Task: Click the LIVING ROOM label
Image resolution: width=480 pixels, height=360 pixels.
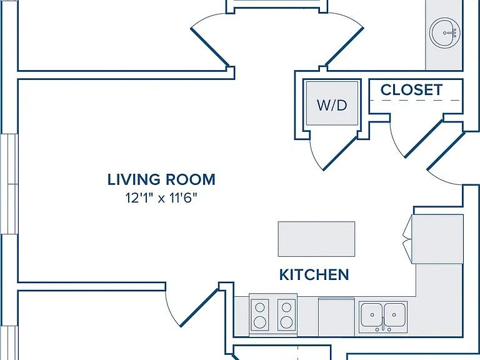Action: pyautogui.click(x=161, y=179)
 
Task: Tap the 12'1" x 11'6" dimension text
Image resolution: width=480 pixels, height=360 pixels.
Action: pyautogui.click(x=161, y=198)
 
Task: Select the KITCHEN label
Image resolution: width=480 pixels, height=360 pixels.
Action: pyautogui.click(x=314, y=274)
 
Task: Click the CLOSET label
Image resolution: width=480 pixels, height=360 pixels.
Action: pyautogui.click(x=411, y=90)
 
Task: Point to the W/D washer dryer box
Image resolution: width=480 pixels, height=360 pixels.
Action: pyautogui.click(x=332, y=103)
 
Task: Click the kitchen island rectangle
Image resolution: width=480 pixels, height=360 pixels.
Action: pyautogui.click(x=316, y=239)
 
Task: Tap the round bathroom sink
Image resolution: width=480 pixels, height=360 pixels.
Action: pyautogui.click(x=445, y=32)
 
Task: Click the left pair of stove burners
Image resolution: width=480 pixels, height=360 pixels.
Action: pyautogui.click(x=260, y=315)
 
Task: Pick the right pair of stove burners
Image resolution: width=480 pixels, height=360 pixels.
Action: pyautogui.click(x=286, y=315)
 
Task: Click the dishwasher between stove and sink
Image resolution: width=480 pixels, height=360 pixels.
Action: pyautogui.click(x=336, y=317)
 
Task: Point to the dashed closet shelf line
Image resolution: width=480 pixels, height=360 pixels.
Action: pyautogui.click(x=415, y=100)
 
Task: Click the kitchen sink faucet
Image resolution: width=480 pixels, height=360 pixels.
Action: pyautogui.click(x=383, y=324)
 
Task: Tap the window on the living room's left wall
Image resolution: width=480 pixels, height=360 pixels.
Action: pyautogui.click(x=9, y=184)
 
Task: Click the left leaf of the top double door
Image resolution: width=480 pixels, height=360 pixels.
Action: pyautogui.click(x=210, y=40)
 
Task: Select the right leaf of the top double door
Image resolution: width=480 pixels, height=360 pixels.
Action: pyautogui.click(x=345, y=40)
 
